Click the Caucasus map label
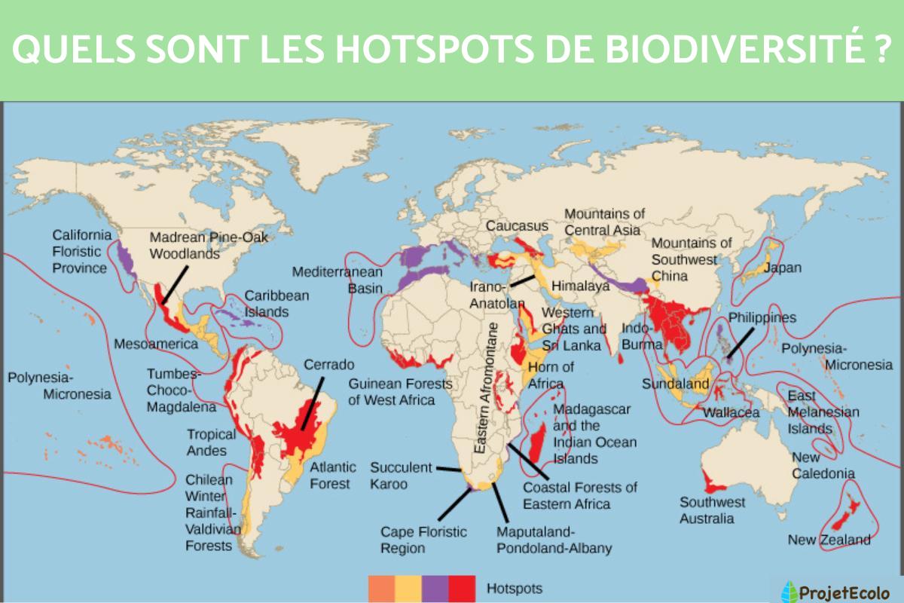(517, 225)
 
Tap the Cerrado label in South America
(328, 365)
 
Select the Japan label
(783, 268)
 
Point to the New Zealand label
(829, 540)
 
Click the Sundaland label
(676, 384)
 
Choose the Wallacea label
(731, 413)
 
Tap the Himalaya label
(580, 287)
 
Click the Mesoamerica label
(156, 344)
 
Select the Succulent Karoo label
(401, 476)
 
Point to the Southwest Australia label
(712, 510)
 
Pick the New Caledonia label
(823, 465)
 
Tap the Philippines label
(762, 317)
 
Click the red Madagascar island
(538, 443)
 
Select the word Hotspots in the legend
(515, 588)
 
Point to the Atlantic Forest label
(333, 475)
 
